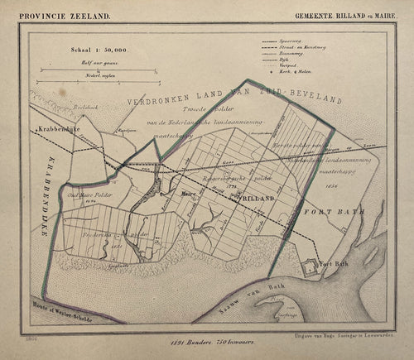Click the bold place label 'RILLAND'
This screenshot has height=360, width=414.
click(257, 199)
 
